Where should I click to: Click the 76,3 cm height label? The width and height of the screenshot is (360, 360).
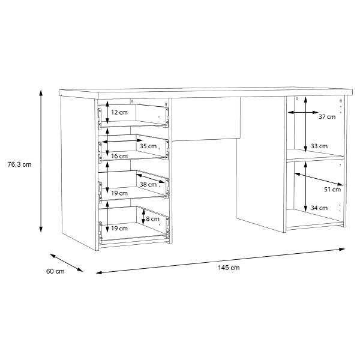20,164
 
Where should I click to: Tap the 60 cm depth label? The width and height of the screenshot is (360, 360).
55,271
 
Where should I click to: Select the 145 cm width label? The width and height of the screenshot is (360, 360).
229,268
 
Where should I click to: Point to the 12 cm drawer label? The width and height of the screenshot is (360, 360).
119,112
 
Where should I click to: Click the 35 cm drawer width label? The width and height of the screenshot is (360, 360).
148,146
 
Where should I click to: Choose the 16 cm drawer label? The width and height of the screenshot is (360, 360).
119,156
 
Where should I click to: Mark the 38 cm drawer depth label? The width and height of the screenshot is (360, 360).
148,184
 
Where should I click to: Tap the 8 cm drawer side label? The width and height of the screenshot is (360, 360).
152,219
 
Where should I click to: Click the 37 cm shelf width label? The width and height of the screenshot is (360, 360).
327,116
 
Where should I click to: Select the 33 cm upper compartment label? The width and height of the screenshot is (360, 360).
319,146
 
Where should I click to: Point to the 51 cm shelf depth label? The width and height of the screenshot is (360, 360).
332,190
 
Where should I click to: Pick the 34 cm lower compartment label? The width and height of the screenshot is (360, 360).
319,208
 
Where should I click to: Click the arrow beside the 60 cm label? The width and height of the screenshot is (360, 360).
67,263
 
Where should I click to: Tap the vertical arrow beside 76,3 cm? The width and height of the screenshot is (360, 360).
41,161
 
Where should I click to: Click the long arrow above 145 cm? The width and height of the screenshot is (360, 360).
221,261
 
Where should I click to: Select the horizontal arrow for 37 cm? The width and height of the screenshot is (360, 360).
303,112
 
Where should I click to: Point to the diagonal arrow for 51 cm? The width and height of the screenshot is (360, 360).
319,179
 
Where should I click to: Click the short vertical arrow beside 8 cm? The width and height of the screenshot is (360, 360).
143,217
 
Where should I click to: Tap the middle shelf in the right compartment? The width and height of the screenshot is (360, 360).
315,155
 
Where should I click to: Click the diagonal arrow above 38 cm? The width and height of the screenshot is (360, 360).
151,178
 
